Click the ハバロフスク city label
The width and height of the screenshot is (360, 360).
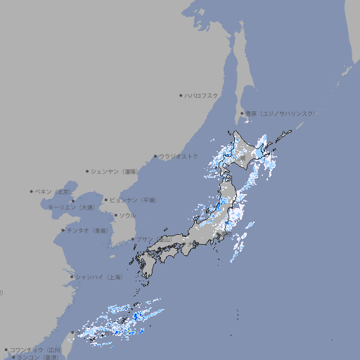click(x=202, y=95)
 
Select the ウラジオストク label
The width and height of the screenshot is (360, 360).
click(x=179, y=156)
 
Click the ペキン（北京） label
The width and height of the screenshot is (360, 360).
click(x=53, y=191)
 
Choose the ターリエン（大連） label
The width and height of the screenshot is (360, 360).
click(x=71, y=207)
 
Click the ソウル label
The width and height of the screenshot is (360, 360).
click(x=127, y=215)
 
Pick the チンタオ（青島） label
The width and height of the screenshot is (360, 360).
click(x=88, y=230)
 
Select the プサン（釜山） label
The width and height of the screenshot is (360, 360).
click(x=154, y=239)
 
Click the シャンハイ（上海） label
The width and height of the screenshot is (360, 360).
click(x=98, y=277)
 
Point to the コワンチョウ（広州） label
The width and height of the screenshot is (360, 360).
click(x=36, y=349)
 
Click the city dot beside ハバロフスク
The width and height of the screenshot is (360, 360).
click(x=181, y=95)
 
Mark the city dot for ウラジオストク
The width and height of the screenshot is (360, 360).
click(x=155, y=156)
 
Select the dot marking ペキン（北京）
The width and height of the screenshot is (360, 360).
click(x=32, y=191)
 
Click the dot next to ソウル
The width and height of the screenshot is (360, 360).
click(x=115, y=215)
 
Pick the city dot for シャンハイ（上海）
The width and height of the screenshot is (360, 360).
click(x=72, y=277)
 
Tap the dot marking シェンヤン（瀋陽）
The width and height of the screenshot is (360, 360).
click(x=88, y=171)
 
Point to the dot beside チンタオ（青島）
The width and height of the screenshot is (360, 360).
click(x=63, y=230)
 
